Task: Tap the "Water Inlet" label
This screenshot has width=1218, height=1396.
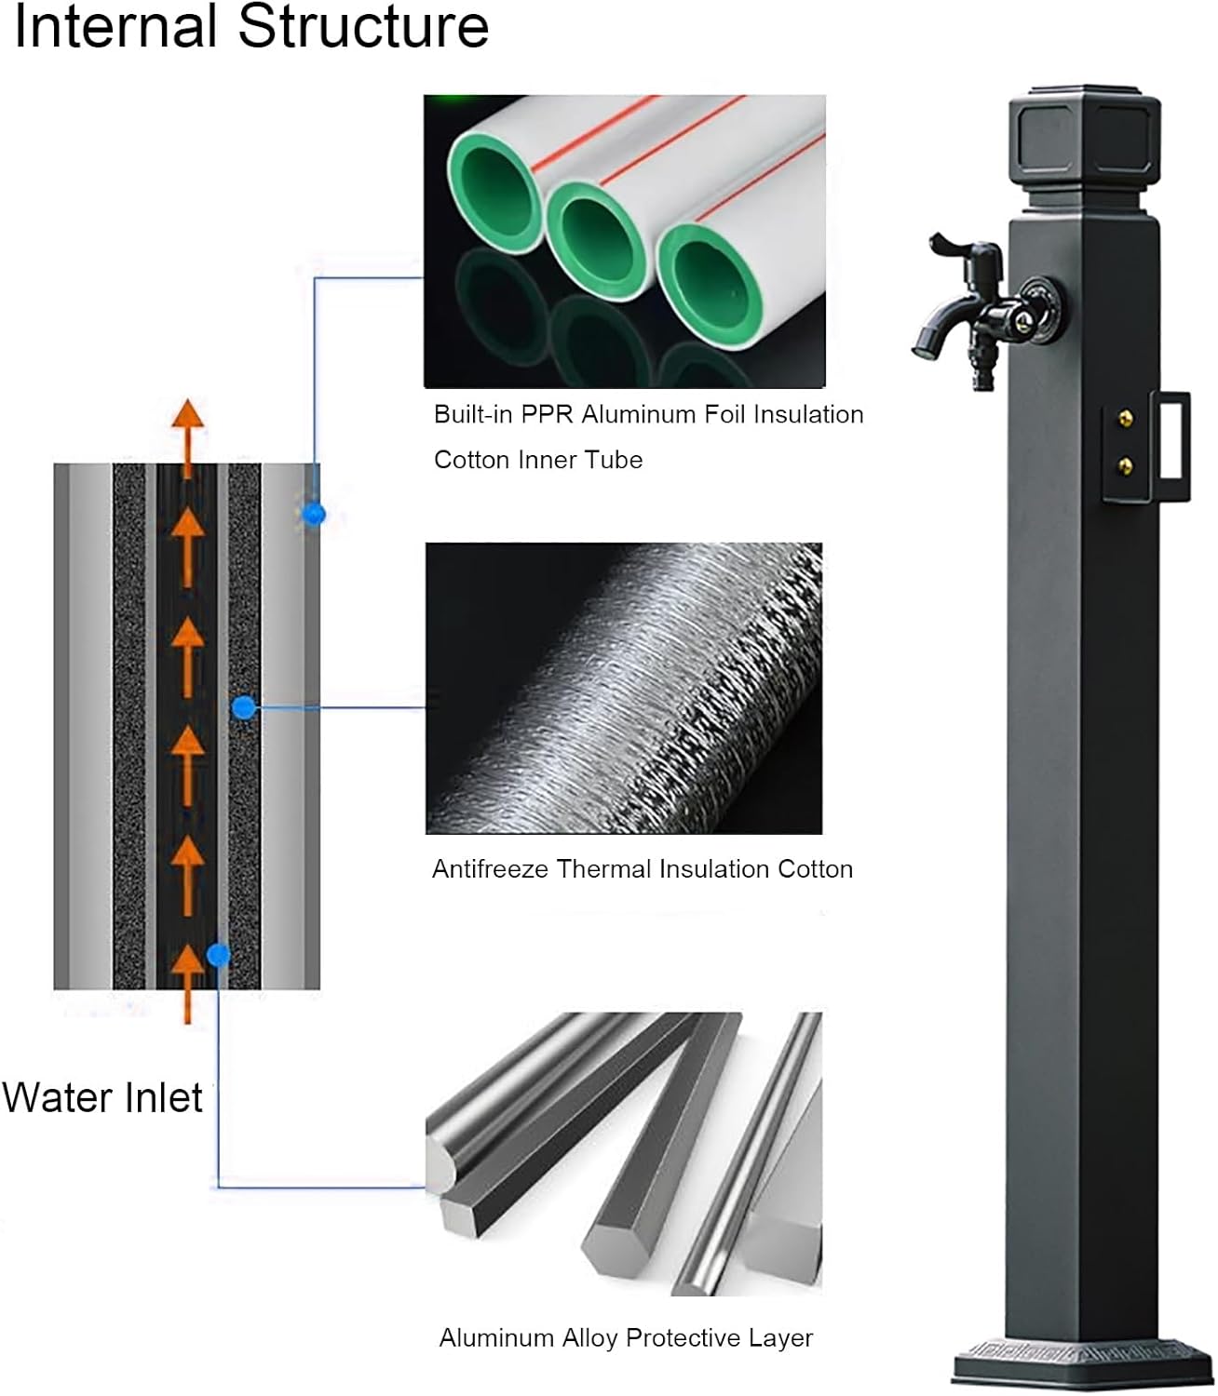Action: coord(102,1097)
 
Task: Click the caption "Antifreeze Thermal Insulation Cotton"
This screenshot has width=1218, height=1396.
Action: coord(643,869)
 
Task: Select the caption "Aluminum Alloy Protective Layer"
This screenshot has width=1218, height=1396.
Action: coord(626,1338)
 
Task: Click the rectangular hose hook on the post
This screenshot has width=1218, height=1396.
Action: coord(1171,447)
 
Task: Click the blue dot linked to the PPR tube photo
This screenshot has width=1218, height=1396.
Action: coord(315,513)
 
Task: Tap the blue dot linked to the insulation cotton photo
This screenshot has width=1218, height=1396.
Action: coord(244,708)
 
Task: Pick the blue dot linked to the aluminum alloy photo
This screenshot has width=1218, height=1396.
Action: coord(219,955)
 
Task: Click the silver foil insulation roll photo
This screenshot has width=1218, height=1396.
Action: coord(624,689)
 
